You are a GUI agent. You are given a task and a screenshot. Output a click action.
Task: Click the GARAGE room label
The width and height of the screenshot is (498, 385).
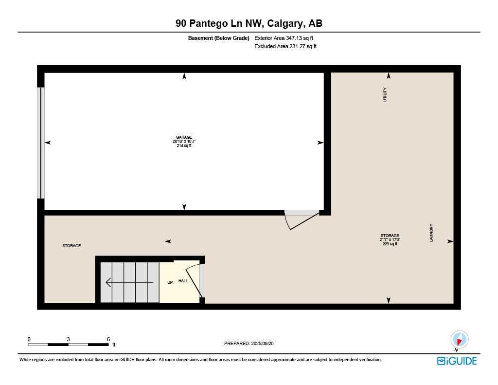(184, 137)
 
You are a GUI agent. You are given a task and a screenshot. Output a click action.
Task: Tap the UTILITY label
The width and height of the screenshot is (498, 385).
(385, 94)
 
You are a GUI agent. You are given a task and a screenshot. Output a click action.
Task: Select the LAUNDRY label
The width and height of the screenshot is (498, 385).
(431, 233)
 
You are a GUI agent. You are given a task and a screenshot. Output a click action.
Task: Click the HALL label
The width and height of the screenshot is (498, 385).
(183, 281)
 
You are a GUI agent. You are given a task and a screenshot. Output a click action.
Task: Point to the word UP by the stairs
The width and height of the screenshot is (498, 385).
(170, 282)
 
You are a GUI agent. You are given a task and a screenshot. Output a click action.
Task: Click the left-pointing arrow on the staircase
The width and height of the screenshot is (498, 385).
(129, 282)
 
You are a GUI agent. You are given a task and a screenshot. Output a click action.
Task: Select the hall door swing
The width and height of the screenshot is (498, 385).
(195, 280)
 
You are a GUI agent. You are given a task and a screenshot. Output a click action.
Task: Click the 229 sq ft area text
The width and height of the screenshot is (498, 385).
(390, 244)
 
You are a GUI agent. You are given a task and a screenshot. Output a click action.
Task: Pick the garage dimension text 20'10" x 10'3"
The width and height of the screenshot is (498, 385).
(184, 141)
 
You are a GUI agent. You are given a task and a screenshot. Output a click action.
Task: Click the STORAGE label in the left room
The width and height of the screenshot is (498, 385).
(71, 246)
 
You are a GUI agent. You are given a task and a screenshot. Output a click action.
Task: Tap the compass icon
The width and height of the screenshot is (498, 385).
(459, 339)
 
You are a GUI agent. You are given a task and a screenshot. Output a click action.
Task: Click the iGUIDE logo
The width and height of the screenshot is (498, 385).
(457, 361)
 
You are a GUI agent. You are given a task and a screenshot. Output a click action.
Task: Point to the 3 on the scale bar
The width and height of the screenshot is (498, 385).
(69, 339)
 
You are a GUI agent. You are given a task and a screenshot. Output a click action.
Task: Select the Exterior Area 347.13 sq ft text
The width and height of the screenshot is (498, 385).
(287, 38)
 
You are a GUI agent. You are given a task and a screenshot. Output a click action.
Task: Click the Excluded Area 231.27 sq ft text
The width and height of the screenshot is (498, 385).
(285, 47)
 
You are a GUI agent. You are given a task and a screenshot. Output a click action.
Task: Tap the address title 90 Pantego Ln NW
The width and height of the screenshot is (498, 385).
(218, 23)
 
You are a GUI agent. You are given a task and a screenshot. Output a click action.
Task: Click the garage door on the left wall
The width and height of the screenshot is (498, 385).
(42, 143)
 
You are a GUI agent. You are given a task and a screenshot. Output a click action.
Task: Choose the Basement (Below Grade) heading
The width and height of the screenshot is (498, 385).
(218, 38)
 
